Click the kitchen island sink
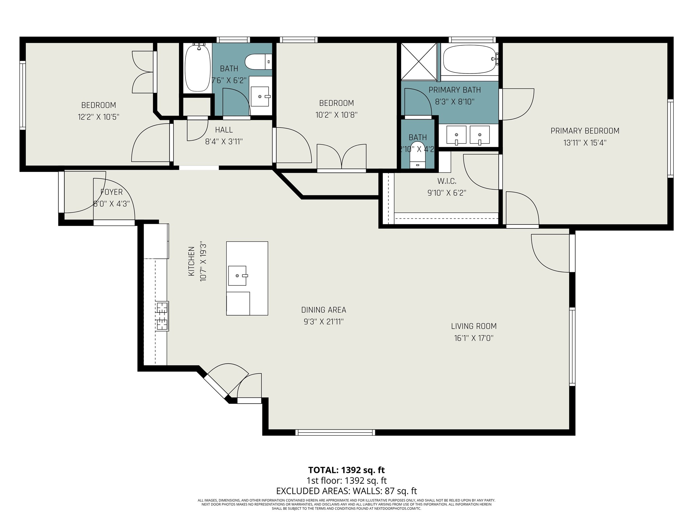(x=237, y=276)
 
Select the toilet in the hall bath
(x=258, y=62)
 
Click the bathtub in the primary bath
(x=469, y=60)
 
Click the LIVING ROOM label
(x=474, y=326)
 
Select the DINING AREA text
(x=323, y=310)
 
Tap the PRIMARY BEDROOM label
(x=585, y=131)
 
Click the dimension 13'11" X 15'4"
(x=585, y=143)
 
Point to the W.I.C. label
(x=447, y=181)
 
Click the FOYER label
(x=111, y=192)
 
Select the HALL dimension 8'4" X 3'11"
(x=224, y=142)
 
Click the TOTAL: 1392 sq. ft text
(x=346, y=470)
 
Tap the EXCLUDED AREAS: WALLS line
(x=346, y=491)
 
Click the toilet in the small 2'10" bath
(x=417, y=159)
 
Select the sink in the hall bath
(x=261, y=96)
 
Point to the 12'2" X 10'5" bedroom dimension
(x=98, y=117)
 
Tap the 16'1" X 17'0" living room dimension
(x=474, y=338)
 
